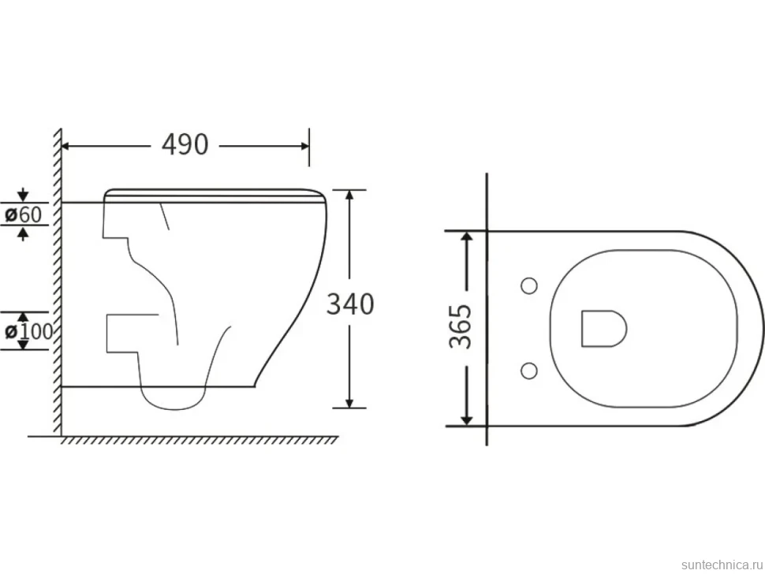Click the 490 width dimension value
(x=185, y=144)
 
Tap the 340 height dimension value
(x=350, y=304)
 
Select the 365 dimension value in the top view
(x=461, y=326)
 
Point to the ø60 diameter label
(x=24, y=214)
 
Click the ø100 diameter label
(x=28, y=332)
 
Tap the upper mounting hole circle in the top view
(x=529, y=285)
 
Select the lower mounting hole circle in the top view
(x=529, y=371)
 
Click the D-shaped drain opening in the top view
(x=604, y=329)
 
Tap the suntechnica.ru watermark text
(x=722, y=565)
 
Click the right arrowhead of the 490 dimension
(x=305, y=146)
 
